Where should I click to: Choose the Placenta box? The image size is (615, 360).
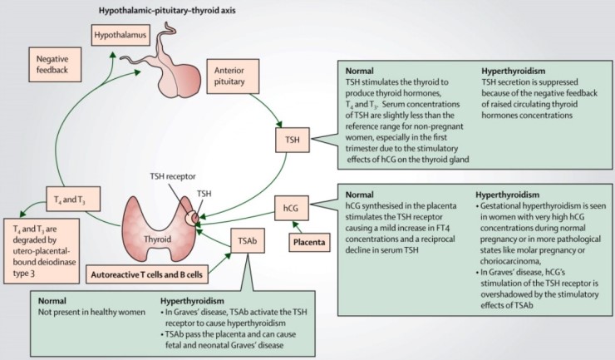point(311,243)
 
